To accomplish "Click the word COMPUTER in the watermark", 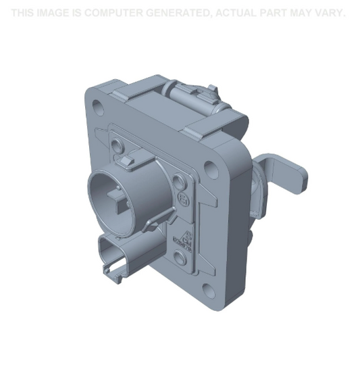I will pyautogui.click(x=115, y=13).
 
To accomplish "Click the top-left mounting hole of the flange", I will pyautogui.click(x=99, y=107).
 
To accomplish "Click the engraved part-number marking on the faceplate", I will pyautogui.click(x=184, y=237).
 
